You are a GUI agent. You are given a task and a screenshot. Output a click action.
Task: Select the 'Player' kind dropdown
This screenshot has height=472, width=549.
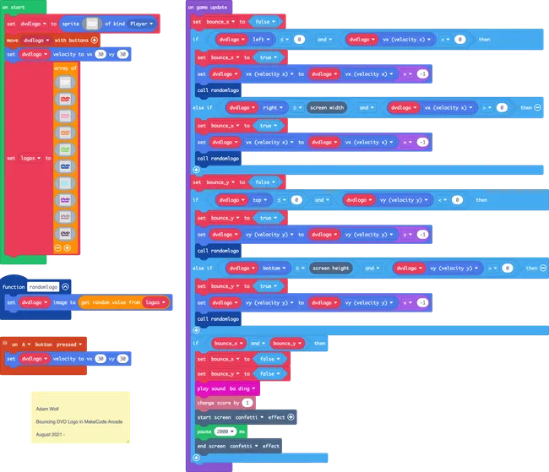click(141, 24)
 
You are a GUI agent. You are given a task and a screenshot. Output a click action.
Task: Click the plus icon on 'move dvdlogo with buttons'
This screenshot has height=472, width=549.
click(95, 39)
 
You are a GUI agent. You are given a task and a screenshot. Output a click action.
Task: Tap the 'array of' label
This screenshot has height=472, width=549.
click(66, 68)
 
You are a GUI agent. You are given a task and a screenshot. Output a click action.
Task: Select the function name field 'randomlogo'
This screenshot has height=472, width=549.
click(43, 286)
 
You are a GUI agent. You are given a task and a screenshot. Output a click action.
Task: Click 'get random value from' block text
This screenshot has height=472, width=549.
click(111, 301)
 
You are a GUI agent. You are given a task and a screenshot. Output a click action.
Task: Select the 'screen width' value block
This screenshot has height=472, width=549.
click(327, 107)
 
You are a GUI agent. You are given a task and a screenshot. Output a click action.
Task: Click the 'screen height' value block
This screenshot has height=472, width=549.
click(330, 268)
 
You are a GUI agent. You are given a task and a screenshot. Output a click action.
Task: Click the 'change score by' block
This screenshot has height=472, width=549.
click(218, 403)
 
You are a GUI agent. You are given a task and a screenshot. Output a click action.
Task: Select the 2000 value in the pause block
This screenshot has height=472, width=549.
click(226, 431)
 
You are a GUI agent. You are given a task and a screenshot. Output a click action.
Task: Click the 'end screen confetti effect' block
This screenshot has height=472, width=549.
click(238, 446)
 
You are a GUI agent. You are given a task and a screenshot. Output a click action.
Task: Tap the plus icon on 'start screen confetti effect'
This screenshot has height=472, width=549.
click(291, 417)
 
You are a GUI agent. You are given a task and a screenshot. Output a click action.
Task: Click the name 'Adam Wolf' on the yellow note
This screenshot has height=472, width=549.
click(47, 407)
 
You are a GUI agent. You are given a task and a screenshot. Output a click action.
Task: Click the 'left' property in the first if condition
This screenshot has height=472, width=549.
click(268, 38)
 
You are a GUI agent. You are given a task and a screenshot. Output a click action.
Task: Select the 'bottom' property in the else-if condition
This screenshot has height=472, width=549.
click(272, 268)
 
